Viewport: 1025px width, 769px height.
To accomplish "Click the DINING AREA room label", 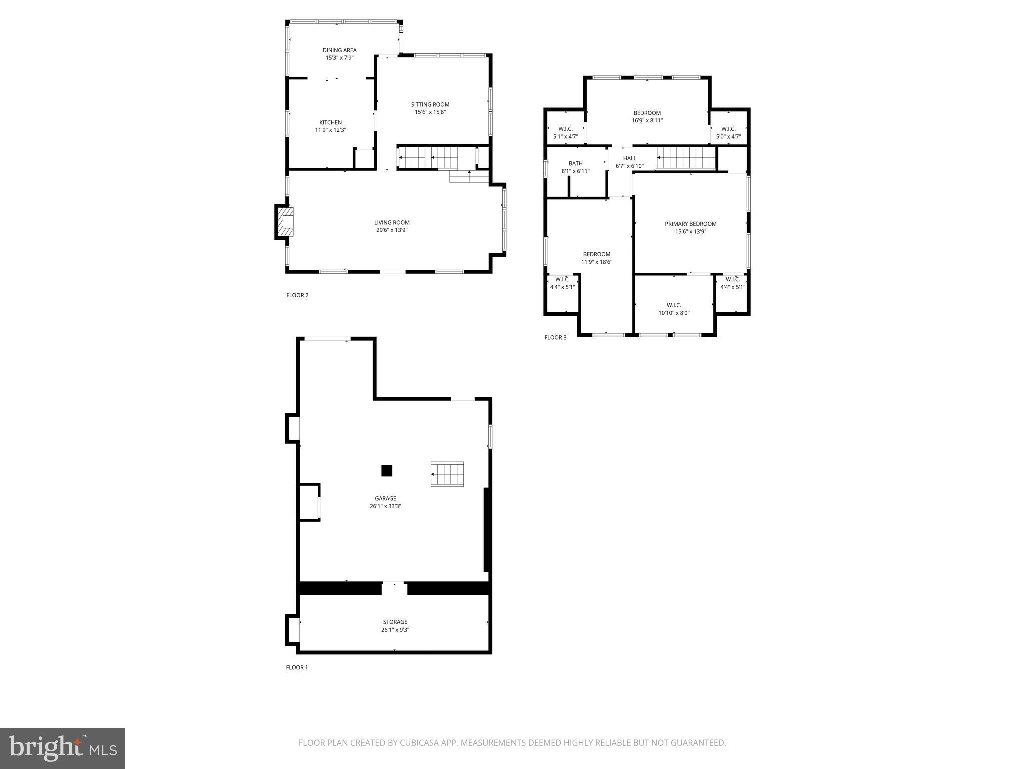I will (339, 50).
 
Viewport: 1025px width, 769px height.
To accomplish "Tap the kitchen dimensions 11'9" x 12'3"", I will (330, 130).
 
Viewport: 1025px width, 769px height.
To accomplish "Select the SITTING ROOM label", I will (430, 105).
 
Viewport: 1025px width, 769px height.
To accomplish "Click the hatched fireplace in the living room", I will (287, 222).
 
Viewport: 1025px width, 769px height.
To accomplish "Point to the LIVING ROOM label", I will (392, 223).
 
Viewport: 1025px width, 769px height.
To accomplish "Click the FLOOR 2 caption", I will (297, 295).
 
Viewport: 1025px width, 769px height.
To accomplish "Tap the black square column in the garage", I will (386, 471).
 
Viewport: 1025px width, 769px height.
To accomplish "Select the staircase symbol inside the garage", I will (447, 474).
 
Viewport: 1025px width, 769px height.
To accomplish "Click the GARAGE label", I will (385, 499).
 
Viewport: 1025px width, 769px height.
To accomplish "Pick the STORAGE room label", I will (395, 622).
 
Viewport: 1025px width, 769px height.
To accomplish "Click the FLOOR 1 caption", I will (297, 667).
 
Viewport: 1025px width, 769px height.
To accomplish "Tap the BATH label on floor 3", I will (575, 164).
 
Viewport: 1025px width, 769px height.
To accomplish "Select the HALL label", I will (629, 159).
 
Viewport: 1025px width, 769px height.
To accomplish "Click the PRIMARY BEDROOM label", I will (690, 224).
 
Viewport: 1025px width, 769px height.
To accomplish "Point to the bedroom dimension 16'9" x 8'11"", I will (647, 121).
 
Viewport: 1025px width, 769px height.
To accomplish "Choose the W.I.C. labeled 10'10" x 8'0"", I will (674, 309).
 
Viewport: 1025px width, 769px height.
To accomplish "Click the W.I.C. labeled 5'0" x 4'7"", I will (728, 133).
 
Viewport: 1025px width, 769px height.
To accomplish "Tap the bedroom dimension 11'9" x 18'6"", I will (596, 262).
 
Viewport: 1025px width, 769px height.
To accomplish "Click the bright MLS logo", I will (63, 748).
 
